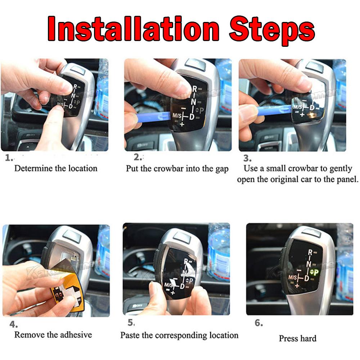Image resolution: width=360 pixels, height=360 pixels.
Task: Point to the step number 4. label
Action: pos(14,324)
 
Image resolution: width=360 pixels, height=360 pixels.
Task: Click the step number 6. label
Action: pos(258,323)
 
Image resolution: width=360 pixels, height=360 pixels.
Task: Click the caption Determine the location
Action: pos(56,168)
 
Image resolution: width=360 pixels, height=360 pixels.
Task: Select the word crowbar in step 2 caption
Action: pos(168,168)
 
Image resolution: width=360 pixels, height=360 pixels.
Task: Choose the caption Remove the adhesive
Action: pos(53,335)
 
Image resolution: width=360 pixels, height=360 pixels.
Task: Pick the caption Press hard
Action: pos(297,338)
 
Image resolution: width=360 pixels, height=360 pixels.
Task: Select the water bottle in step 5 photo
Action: pos(218,252)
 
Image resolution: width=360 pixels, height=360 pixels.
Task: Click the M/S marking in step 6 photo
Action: pos(292,278)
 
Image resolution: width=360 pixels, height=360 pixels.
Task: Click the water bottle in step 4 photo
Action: pos(103,248)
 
